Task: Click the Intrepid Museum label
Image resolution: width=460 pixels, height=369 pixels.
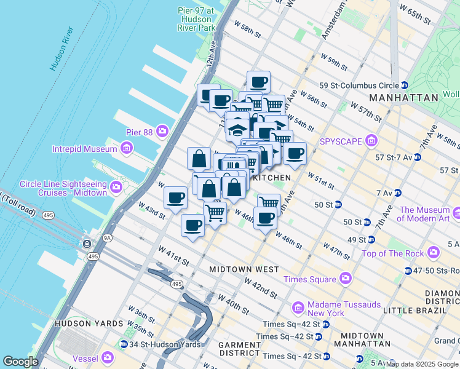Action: (x=84, y=149)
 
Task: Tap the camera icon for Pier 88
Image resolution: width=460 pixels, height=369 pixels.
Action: (x=162, y=130)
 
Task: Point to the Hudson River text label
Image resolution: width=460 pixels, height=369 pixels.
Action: (x=62, y=49)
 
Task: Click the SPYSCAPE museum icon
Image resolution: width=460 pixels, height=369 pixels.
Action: (x=370, y=141)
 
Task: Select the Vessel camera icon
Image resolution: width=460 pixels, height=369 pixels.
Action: (x=108, y=357)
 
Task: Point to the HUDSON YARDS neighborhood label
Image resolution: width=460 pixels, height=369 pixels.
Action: (x=85, y=323)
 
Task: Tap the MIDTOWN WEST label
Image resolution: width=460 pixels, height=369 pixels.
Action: (x=244, y=269)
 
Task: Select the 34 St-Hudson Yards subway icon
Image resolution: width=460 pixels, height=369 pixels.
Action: (x=124, y=344)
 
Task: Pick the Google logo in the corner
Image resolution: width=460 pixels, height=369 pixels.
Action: (x=21, y=361)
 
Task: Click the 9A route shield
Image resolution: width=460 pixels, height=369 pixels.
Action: (x=91, y=237)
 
